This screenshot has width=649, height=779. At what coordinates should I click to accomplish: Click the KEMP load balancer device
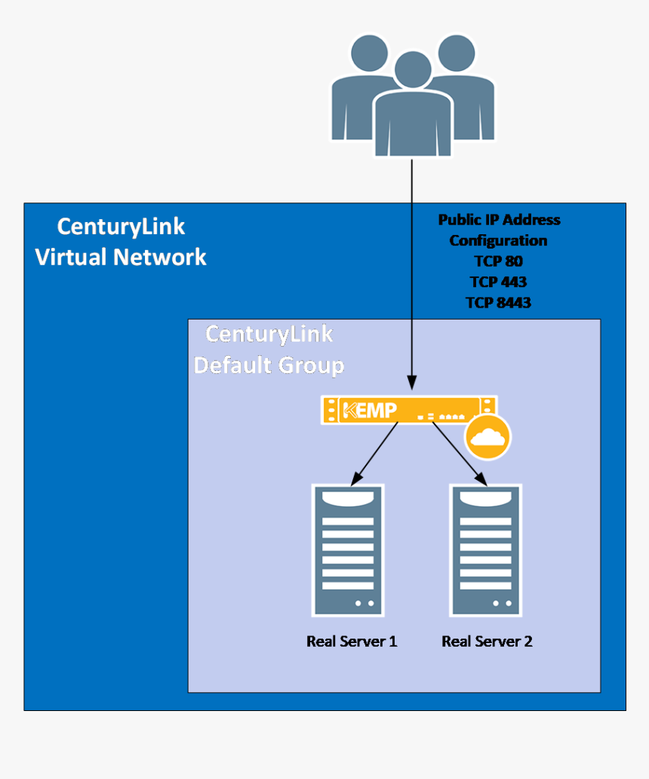click(408, 410)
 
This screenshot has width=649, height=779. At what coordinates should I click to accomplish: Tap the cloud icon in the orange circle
click(487, 437)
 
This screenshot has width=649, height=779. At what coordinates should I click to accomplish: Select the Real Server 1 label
click(352, 641)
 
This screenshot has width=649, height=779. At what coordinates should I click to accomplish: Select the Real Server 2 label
click(487, 641)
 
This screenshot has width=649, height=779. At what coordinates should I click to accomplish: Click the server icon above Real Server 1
click(348, 549)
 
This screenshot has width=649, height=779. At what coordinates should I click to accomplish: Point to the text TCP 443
click(498, 282)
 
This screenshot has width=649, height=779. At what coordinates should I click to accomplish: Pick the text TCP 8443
click(499, 302)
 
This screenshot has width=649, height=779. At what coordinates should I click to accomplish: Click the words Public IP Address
click(500, 220)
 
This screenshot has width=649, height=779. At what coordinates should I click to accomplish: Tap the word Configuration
click(498, 240)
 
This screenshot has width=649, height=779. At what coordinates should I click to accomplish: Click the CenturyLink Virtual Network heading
click(121, 242)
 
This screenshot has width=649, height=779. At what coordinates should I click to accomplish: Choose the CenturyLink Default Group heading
click(269, 350)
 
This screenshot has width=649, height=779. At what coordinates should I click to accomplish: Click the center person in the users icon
click(412, 110)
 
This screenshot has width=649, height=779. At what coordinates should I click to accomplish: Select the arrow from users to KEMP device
click(411, 272)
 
